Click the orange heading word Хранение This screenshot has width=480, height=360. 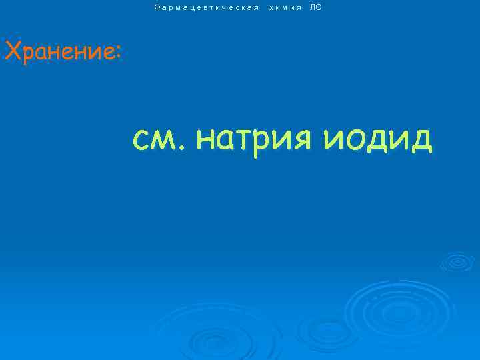(60, 51)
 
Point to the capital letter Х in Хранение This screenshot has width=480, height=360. (13, 51)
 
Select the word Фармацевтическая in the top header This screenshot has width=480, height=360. (206, 7)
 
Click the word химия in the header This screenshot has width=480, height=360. (285, 7)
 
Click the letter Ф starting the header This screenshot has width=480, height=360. (157, 7)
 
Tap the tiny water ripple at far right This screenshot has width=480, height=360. (457, 261)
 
